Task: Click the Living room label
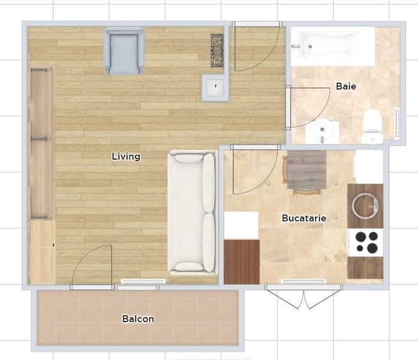click(x=126, y=157)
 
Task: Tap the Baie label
click(x=346, y=86)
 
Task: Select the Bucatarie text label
click(x=304, y=218)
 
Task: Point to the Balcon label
click(x=138, y=318)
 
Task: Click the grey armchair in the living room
click(x=125, y=51)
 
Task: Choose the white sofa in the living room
click(x=192, y=212)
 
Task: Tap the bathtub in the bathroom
click(x=333, y=47)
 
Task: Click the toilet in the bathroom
click(x=373, y=125)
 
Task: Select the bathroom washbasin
click(x=322, y=131)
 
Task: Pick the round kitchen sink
click(x=365, y=206)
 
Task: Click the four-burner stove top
click(x=366, y=242)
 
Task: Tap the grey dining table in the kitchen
click(x=307, y=169)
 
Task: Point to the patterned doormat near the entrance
click(x=217, y=51)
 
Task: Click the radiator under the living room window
click(x=143, y=281)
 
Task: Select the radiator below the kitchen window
click(x=304, y=281)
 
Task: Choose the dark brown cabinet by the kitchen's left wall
click(x=242, y=262)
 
